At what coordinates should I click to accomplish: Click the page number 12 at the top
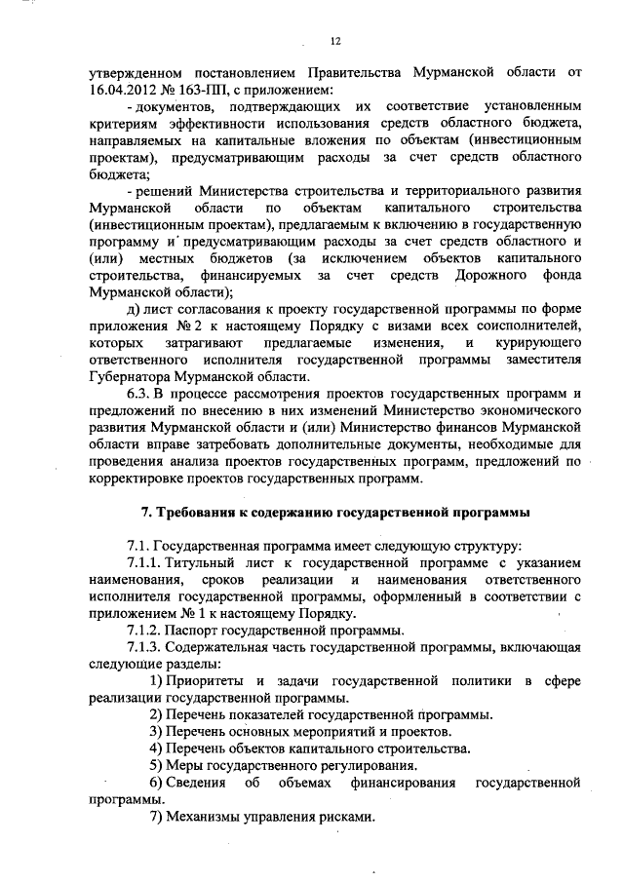point(334,40)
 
